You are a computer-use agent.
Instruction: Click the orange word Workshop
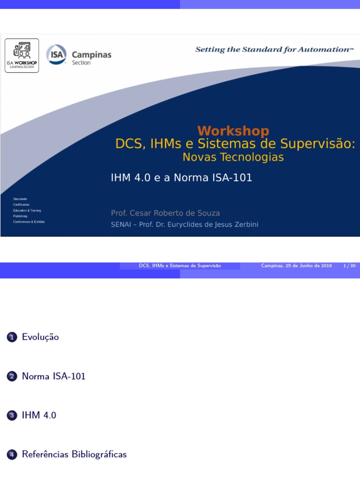click(x=233, y=131)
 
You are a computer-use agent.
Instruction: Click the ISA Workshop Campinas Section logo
click(x=22, y=55)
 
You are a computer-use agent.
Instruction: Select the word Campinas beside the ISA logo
click(x=91, y=54)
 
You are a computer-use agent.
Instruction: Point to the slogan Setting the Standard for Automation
click(x=274, y=49)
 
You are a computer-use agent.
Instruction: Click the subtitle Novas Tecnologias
click(x=233, y=157)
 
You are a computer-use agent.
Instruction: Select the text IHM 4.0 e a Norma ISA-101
click(x=181, y=178)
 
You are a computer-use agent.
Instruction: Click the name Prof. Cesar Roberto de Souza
click(x=165, y=213)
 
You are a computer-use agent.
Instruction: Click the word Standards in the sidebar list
click(x=20, y=199)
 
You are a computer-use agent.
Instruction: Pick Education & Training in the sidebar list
click(x=27, y=210)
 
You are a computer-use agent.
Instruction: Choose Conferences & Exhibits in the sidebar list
click(x=29, y=222)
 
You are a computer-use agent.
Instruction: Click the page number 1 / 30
click(x=350, y=266)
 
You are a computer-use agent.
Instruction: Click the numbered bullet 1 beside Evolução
click(x=12, y=337)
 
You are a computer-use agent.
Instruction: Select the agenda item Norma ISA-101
click(x=53, y=376)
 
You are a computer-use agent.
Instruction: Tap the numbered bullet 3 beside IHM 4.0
click(x=12, y=415)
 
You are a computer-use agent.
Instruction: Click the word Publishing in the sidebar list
click(x=20, y=216)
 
